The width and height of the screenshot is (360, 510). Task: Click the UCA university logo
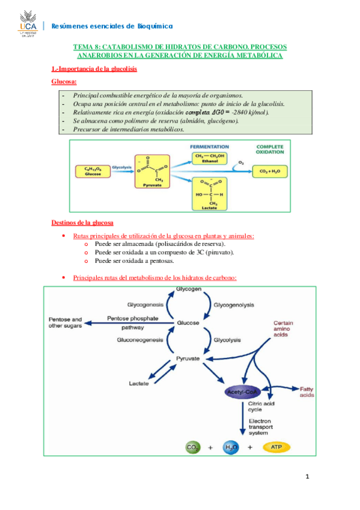(x=27, y=23)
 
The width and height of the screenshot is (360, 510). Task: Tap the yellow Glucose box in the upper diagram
(x=93, y=171)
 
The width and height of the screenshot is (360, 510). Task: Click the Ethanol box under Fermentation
(x=209, y=159)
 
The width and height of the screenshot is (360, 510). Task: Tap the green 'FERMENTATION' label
(x=209, y=147)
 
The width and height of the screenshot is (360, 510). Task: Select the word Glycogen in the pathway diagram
(x=188, y=289)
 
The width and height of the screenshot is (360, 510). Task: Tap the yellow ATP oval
(x=275, y=447)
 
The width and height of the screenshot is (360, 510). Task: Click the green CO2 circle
(x=192, y=447)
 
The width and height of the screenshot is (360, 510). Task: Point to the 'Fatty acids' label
(x=307, y=392)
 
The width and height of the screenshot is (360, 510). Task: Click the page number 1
(x=307, y=478)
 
